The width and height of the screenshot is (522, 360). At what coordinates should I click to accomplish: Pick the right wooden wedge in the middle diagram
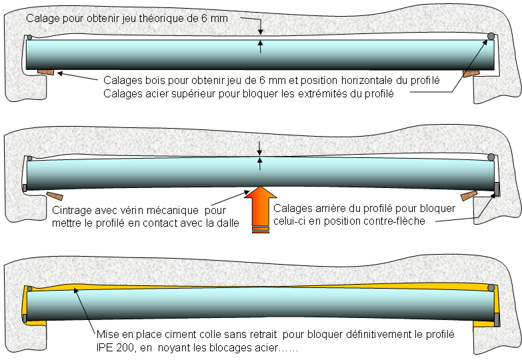(x=469, y=195)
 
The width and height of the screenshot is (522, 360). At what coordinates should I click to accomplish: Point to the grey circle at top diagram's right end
(x=491, y=36)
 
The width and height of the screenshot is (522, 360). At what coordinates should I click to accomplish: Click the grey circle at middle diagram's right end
(x=491, y=156)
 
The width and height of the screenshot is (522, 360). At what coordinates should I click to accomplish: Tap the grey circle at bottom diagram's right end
(x=491, y=289)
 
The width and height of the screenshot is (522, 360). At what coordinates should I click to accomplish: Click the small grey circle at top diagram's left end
(x=29, y=37)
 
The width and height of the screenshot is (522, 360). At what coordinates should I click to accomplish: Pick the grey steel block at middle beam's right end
(x=497, y=189)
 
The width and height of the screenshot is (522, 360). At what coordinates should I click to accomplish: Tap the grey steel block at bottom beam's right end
(x=497, y=319)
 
